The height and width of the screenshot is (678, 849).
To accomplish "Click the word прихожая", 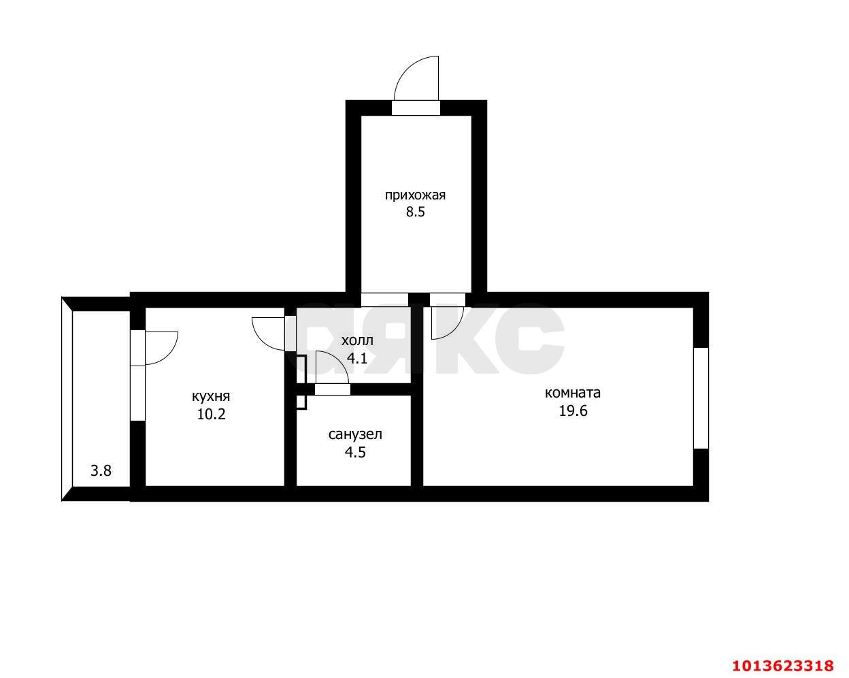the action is tap(416, 195).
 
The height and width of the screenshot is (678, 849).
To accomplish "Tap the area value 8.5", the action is tap(416, 212).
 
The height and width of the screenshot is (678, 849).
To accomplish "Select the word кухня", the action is tap(211, 396).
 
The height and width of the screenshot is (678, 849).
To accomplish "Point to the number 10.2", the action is tap(211, 415).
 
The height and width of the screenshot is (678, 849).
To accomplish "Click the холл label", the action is tap(357, 340).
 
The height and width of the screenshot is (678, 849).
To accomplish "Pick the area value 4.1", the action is tap(357, 358).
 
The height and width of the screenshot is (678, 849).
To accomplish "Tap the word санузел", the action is tap(355, 434).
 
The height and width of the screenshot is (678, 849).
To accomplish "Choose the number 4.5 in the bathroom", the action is tap(355, 452).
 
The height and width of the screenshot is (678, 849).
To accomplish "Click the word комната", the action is tap(573, 393).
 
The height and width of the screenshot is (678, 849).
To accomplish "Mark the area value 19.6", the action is tap(573, 410).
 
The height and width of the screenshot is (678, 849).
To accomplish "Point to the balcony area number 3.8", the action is tap(101, 470).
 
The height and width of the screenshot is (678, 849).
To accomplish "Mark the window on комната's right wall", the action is tap(701, 398).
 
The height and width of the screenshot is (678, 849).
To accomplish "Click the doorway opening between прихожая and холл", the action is tap(384, 300).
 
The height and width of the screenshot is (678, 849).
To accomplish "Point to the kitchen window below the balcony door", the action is tap(137, 393).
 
